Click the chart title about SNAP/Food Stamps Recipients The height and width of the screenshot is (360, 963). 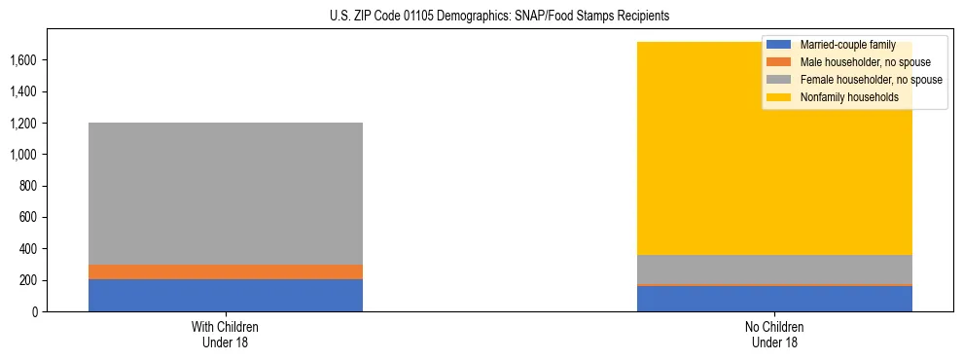click(482, 17)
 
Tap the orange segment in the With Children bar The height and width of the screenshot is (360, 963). click(226, 271)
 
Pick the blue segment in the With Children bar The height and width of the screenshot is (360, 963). click(226, 295)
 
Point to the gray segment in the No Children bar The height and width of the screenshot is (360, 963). click(774, 270)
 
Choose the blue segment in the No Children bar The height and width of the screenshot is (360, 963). click(774, 299)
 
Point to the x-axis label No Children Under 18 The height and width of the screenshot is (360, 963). click(775, 334)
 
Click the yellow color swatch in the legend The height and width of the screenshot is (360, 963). click(779, 97)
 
